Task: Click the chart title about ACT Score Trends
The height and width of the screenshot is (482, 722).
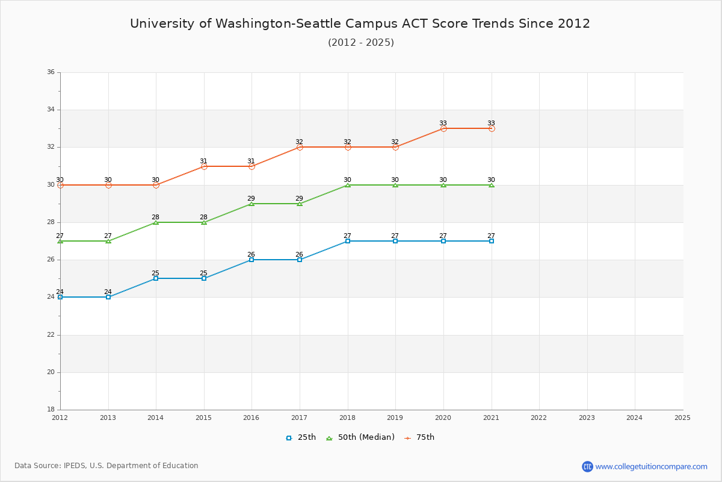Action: pyautogui.click(x=360, y=23)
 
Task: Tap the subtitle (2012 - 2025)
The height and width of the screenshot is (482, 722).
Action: pyautogui.click(x=360, y=42)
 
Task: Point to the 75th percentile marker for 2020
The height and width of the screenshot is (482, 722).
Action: pyautogui.click(x=443, y=128)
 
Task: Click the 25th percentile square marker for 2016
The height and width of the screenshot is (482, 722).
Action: pyautogui.click(x=251, y=260)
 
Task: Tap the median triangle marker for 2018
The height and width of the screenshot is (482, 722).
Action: pyautogui.click(x=348, y=185)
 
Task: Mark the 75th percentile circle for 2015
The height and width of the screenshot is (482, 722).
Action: pyautogui.click(x=204, y=166)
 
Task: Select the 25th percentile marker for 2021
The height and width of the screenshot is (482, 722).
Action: pyautogui.click(x=492, y=241)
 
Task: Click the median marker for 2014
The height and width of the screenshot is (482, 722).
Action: pyautogui.click(x=156, y=222)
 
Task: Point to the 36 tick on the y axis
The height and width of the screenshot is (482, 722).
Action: pyautogui.click(x=51, y=72)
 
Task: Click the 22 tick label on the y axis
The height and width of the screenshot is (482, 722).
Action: pyautogui.click(x=51, y=335)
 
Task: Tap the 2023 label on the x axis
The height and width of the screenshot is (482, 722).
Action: pyautogui.click(x=587, y=418)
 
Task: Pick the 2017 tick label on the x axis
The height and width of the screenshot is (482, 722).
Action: pyautogui.click(x=300, y=418)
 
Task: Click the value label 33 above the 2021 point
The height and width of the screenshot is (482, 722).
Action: pyautogui.click(x=491, y=123)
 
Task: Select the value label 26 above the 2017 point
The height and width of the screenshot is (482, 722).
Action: pyautogui.click(x=299, y=254)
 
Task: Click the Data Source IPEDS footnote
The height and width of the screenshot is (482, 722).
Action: pyautogui.click(x=106, y=466)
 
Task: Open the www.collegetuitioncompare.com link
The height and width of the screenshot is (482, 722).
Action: pyautogui.click(x=652, y=466)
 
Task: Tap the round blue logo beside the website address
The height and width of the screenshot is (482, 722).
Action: pyautogui.click(x=587, y=466)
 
